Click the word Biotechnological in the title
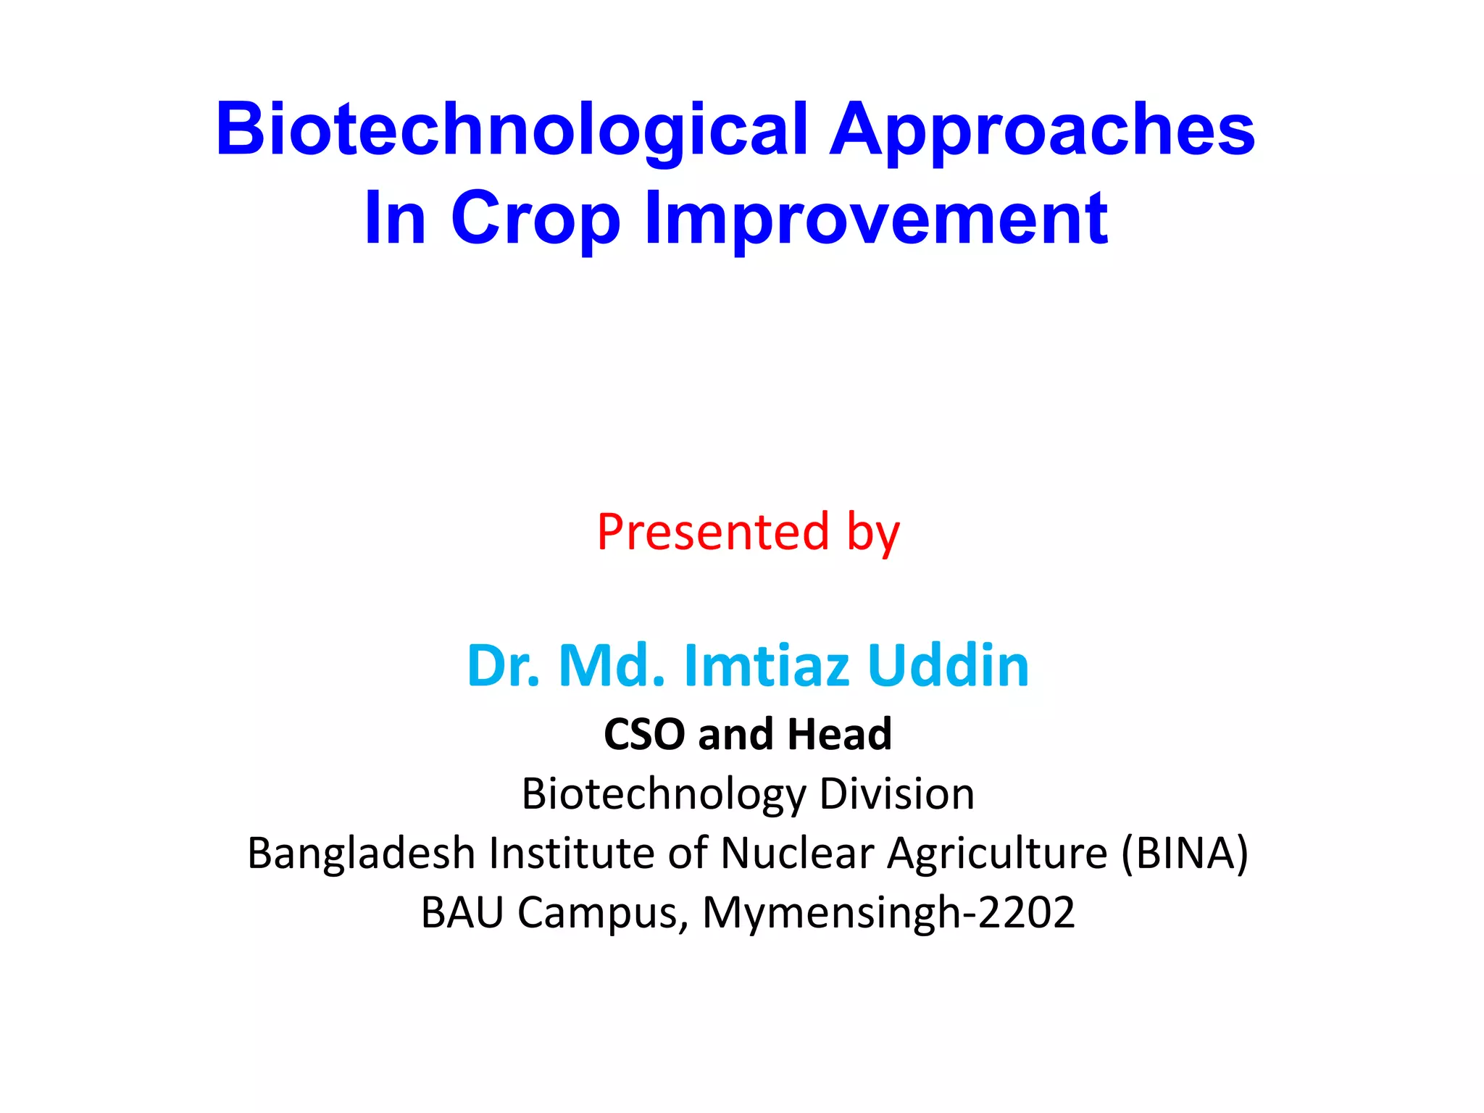[512, 130]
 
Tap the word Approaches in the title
[1042, 130]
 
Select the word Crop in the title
[535, 217]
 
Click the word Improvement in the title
[876, 217]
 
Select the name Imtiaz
[767, 665]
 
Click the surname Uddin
[948, 665]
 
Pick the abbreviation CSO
[644, 734]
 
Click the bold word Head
[840, 734]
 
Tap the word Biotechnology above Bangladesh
[663, 794]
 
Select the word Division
[897, 793]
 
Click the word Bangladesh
[361, 853]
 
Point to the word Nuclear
[797, 853]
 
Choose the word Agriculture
[998, 853]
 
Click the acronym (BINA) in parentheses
[1185, 853]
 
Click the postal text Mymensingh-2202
[888, 913]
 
